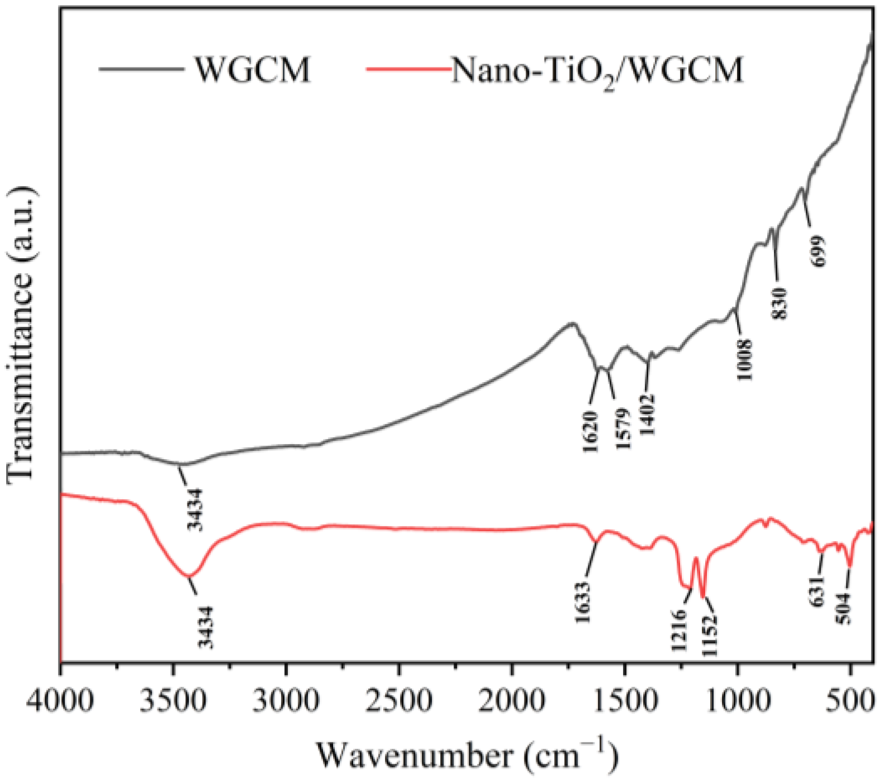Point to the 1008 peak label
(x=744, y=360)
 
